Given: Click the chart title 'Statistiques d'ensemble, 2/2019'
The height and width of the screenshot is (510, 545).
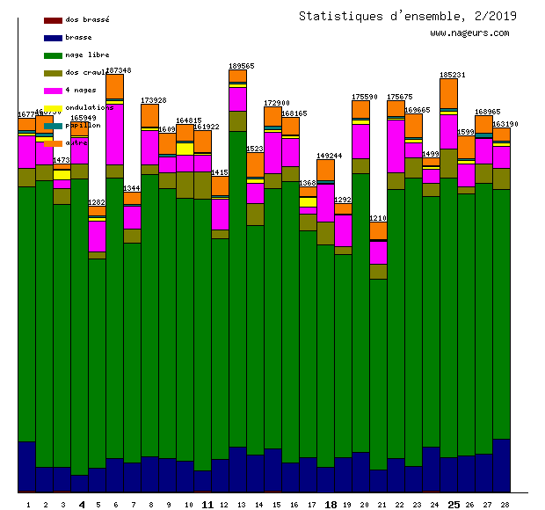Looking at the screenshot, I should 407,16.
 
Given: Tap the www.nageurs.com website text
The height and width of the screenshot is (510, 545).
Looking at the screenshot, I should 469,33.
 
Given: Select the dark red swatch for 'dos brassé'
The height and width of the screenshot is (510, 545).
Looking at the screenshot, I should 53,19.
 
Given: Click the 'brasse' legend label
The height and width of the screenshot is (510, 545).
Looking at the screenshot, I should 78,37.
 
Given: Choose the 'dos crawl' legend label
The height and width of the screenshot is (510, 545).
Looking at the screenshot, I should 84,72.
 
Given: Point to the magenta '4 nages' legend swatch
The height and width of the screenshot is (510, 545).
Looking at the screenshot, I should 53,90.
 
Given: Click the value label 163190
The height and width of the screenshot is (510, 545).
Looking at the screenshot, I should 505,124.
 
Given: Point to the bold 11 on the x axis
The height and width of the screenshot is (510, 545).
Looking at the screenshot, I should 207,505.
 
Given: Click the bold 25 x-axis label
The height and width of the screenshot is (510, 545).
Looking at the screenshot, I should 454,505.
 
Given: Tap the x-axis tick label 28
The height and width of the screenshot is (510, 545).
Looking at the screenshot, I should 505,505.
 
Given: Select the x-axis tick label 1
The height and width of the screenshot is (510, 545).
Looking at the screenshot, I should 28,505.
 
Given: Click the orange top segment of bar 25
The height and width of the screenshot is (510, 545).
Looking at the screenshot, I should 448,93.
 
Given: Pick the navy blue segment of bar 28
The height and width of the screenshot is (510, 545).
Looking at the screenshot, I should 501,465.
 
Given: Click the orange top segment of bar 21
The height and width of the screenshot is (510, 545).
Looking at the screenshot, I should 378,230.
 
